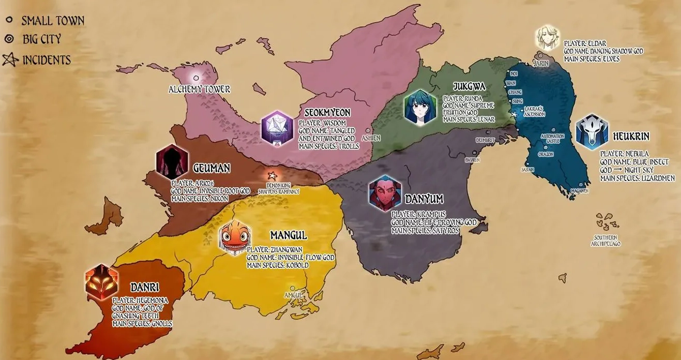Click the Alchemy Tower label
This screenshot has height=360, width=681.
click(199, 89)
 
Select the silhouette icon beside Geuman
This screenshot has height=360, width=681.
click(171, 162)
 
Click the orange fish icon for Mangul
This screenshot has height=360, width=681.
click(235, 237)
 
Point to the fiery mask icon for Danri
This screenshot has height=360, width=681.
click(101, 282)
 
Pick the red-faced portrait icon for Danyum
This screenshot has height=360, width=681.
click(384, 194)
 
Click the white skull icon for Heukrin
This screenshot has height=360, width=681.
click(592, 132)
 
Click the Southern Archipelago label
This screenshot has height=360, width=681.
click(605, 241)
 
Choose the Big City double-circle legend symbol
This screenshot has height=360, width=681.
click(9, 39)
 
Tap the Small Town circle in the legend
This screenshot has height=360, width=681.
click(9, 21)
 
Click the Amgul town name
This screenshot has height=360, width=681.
click(293, 295)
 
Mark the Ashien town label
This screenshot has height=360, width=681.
click(371, 138)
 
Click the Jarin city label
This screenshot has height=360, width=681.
click(540, 63)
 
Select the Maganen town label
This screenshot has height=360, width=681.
click(580, 191)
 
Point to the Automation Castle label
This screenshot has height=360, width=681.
click(552, 139)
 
